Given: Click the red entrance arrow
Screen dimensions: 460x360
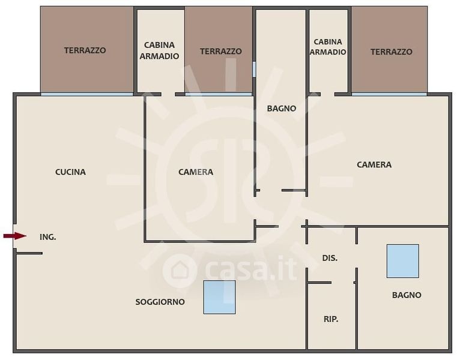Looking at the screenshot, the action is pyautogui.click(x=14, y=236).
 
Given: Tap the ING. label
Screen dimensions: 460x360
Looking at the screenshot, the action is pyautogui.click(x=48, y=237).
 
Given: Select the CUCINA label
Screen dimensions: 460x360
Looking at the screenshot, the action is pyautogui.click(x=70, y=172).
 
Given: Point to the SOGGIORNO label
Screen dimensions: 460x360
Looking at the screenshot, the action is pyautogui.click(x=160, y=302).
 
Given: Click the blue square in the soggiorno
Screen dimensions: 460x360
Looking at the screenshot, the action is pyautogui.click(x=219, y=297).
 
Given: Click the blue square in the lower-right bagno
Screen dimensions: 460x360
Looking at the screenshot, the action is pyautogui.click(x=402, y=261).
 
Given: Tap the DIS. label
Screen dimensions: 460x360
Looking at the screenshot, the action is pyautogui.click(x=330, y=258).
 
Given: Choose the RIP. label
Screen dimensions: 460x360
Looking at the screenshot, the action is pyautogui.click(x=331, y=319).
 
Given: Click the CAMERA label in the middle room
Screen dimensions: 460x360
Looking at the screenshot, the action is pyautogui.click(x=196, y=172).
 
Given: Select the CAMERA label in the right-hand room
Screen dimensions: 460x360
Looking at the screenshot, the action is pyautogui.click(x=374, y=165).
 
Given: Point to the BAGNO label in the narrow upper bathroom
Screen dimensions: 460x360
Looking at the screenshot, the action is pyautogui.click(x=281, y=109).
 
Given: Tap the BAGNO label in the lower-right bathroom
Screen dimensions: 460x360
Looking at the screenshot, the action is pyautogui.click(x=407, y=295).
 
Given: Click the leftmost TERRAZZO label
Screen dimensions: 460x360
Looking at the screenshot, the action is pyautogui.click(x=85, y=50).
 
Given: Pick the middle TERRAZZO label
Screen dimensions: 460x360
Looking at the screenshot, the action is pyautogui.click(x=221, y=52).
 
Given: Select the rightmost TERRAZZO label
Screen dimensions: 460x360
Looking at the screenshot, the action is pyautogui.click(x=392, y=52).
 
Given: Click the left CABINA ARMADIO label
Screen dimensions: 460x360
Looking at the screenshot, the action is pyautogui.click(x=159, y=50).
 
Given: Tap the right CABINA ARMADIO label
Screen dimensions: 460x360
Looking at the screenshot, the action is pyautogui.click(x=328, y=47).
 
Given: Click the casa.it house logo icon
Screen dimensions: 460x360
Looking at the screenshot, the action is pyautogui.click(x=179, y=271).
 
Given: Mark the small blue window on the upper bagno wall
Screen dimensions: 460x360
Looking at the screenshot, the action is pyautogui.click(x=254, y=69).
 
